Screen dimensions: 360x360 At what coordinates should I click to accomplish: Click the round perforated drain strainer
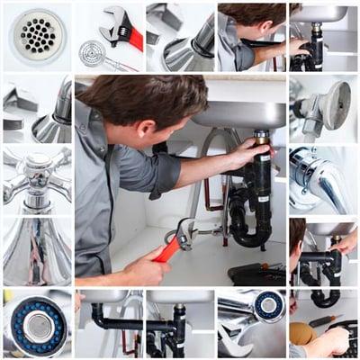click(37, 35)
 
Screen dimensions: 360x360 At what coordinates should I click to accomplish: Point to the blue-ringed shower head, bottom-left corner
click(39, 326)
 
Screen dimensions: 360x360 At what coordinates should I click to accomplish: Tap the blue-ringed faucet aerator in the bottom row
click(268, 306)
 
